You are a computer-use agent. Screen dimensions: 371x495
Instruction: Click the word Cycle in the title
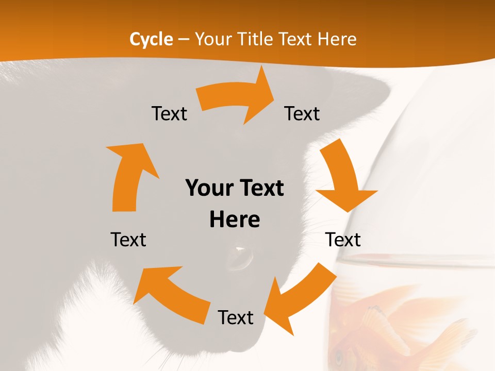(x=151, y=39)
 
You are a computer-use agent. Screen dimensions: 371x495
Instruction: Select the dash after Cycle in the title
(x=183, y=40)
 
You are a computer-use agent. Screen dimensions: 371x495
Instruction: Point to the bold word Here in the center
(x=235, y=220)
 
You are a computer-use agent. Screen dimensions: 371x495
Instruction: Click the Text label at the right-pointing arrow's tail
(x=169, y=113)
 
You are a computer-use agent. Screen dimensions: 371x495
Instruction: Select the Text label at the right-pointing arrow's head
(x=302, y=113)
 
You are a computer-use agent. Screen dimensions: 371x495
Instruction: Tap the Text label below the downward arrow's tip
(x=343, y=240)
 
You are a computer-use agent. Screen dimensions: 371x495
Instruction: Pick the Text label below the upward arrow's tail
(x=128, y=240)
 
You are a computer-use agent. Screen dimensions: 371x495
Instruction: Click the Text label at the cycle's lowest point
(x=236, y=317)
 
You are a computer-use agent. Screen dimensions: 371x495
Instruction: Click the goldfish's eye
(x=339, y=356)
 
